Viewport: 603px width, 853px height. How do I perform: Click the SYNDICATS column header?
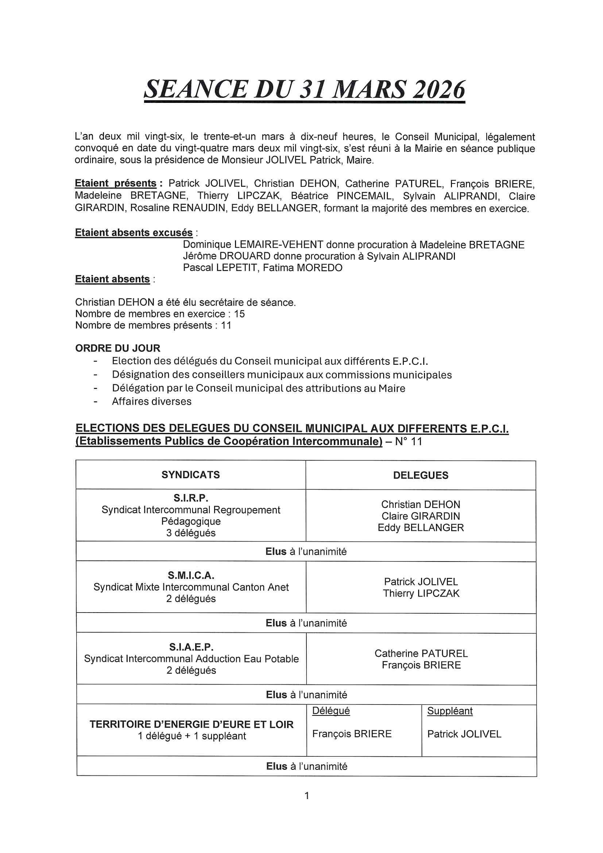click(x=190, y=475)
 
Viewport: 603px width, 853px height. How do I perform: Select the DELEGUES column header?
click(x=421, y=475)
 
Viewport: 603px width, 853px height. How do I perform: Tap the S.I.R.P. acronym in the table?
click(x=190, y=498)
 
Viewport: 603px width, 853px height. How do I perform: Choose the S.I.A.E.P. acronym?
click(x=192, y=647)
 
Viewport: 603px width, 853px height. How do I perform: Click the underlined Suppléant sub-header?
click(x=449, y=711)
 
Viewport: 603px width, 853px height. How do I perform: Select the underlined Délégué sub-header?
click(x=331, y=711)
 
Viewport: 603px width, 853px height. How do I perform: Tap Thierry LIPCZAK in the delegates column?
click(x=421, y=593)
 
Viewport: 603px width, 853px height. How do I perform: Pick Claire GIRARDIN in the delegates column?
click(x=421, y=516)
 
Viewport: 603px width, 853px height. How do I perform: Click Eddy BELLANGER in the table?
click(x=421, y=528)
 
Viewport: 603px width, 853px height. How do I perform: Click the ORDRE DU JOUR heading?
click(x=118, y=348)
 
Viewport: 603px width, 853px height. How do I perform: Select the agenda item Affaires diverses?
click(x=152, y=401)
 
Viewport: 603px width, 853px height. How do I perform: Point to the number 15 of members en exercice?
click(x=239, y=314)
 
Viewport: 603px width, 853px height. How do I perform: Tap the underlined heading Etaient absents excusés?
click(x=134, y=232)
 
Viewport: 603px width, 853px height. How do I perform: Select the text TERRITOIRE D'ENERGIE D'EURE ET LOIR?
click(x=192, y=725)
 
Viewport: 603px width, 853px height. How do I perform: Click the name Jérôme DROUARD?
click(x=227, y=256)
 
